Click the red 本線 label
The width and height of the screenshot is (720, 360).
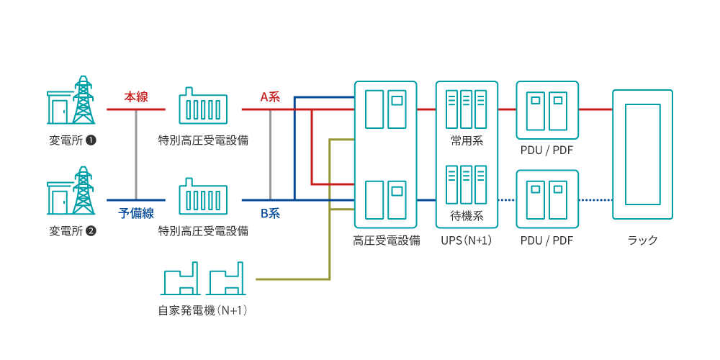coord(136,96)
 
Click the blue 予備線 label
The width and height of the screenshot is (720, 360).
coord(136,213)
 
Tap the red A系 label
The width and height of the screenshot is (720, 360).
coord(270,96)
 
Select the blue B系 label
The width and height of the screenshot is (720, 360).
coord(270,213)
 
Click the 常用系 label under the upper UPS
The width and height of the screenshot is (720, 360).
coord(466,141)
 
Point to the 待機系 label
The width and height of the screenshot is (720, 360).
coord(466,215)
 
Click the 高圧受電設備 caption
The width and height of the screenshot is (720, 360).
coord(386,240)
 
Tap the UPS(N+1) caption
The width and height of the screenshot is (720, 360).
coord(466,240)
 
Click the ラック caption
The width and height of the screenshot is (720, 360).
coord(642,240)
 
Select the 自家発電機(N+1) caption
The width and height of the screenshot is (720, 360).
coord(203,311)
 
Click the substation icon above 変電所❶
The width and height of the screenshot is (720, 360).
coord(71,101)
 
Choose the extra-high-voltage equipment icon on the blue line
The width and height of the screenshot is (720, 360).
coord(203,197)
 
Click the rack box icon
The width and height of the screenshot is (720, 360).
coord(642,154)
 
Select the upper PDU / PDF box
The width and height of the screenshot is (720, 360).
coord(547,109)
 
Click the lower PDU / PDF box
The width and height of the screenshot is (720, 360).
coord(547,199)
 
